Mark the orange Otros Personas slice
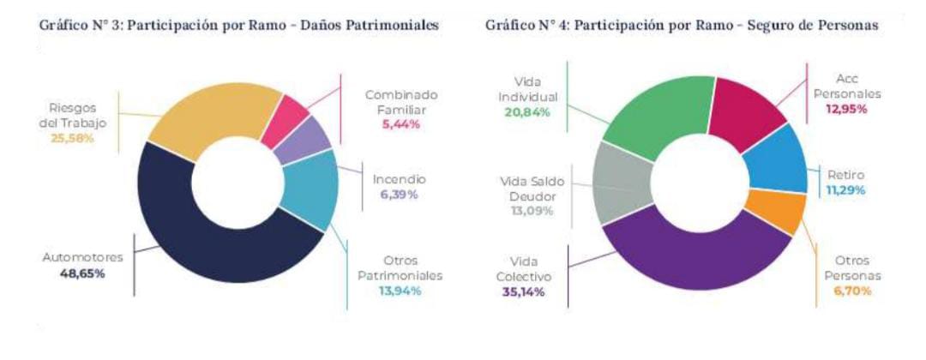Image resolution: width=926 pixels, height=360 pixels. (776, 209)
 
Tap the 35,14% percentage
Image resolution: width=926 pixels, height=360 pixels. (520, 291)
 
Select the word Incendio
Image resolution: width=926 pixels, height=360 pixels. (399, 180)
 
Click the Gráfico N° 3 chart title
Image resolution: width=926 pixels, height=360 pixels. (241, 27)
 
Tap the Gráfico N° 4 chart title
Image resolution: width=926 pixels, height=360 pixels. (682, 27)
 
